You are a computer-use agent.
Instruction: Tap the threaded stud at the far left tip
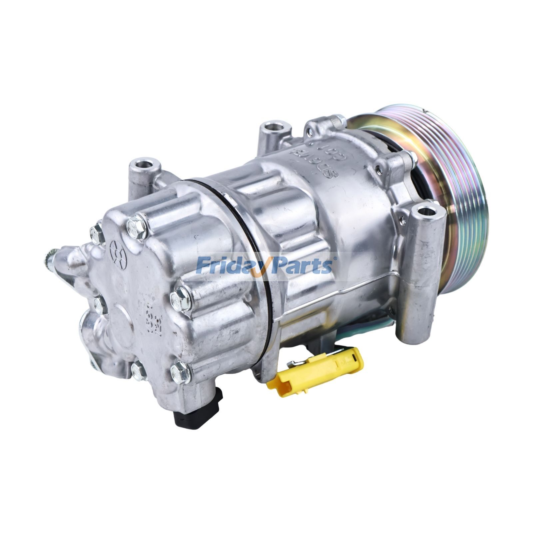50,257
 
